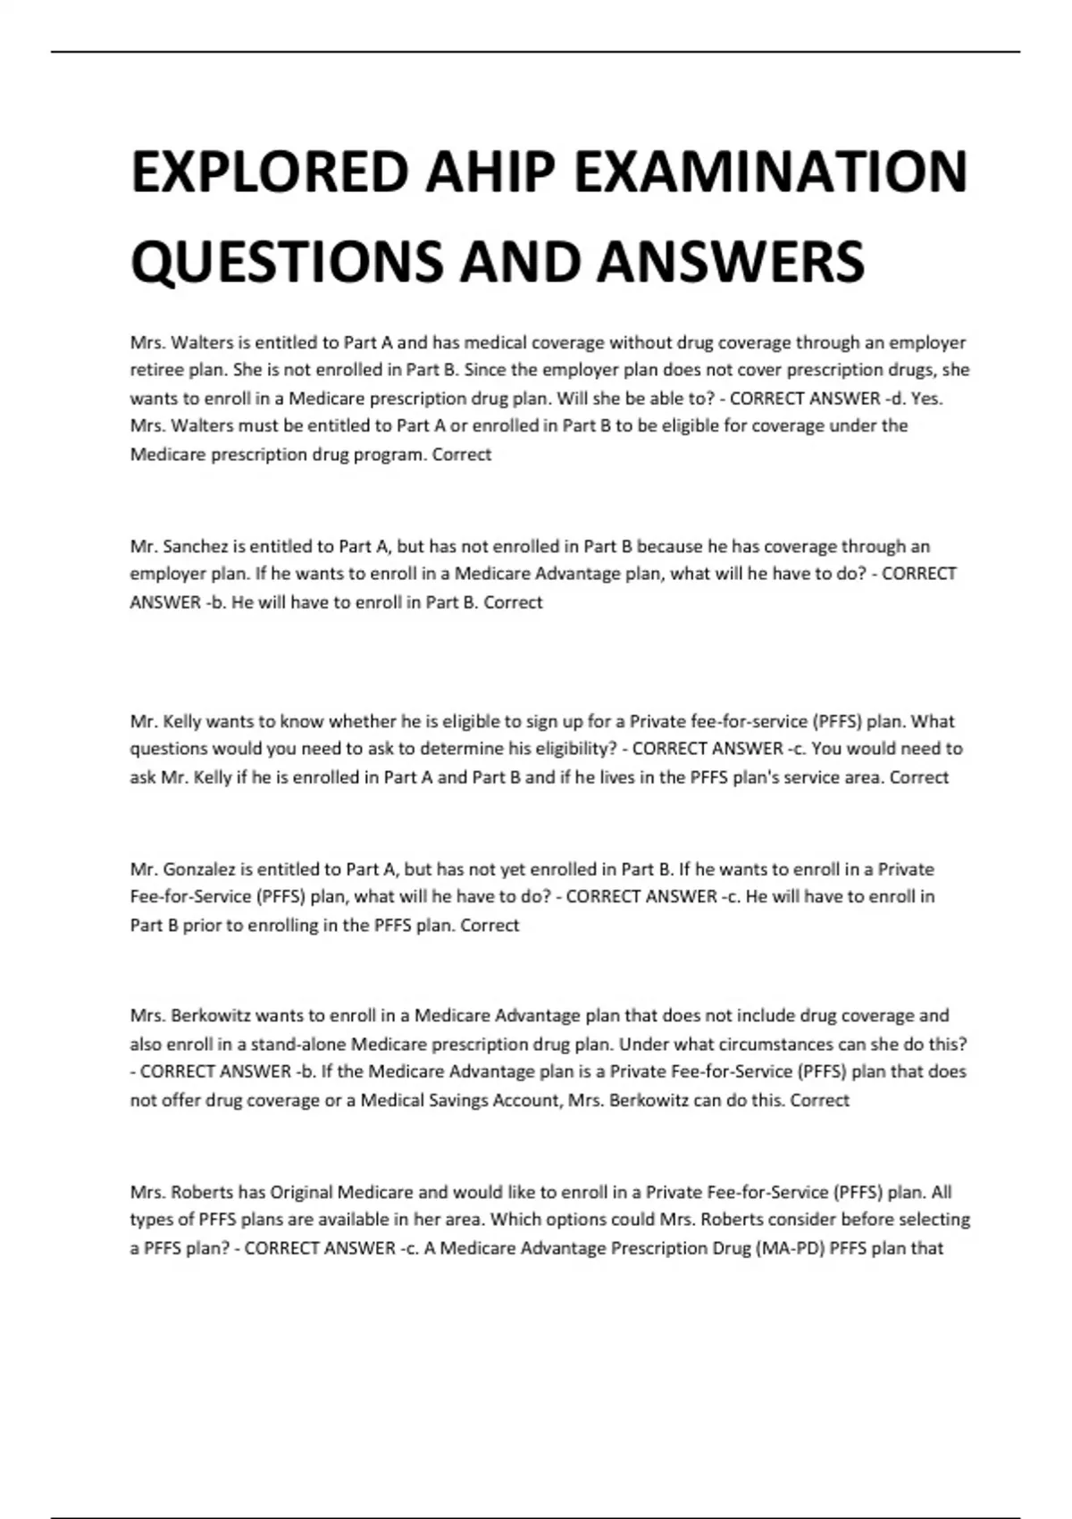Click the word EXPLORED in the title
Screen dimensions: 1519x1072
click(270, 172)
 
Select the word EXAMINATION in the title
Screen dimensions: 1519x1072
click(770, 172)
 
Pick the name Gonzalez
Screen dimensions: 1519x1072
click(200, 869)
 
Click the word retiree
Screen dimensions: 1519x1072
click(156, 370)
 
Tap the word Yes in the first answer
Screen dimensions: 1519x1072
click(927, 399)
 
